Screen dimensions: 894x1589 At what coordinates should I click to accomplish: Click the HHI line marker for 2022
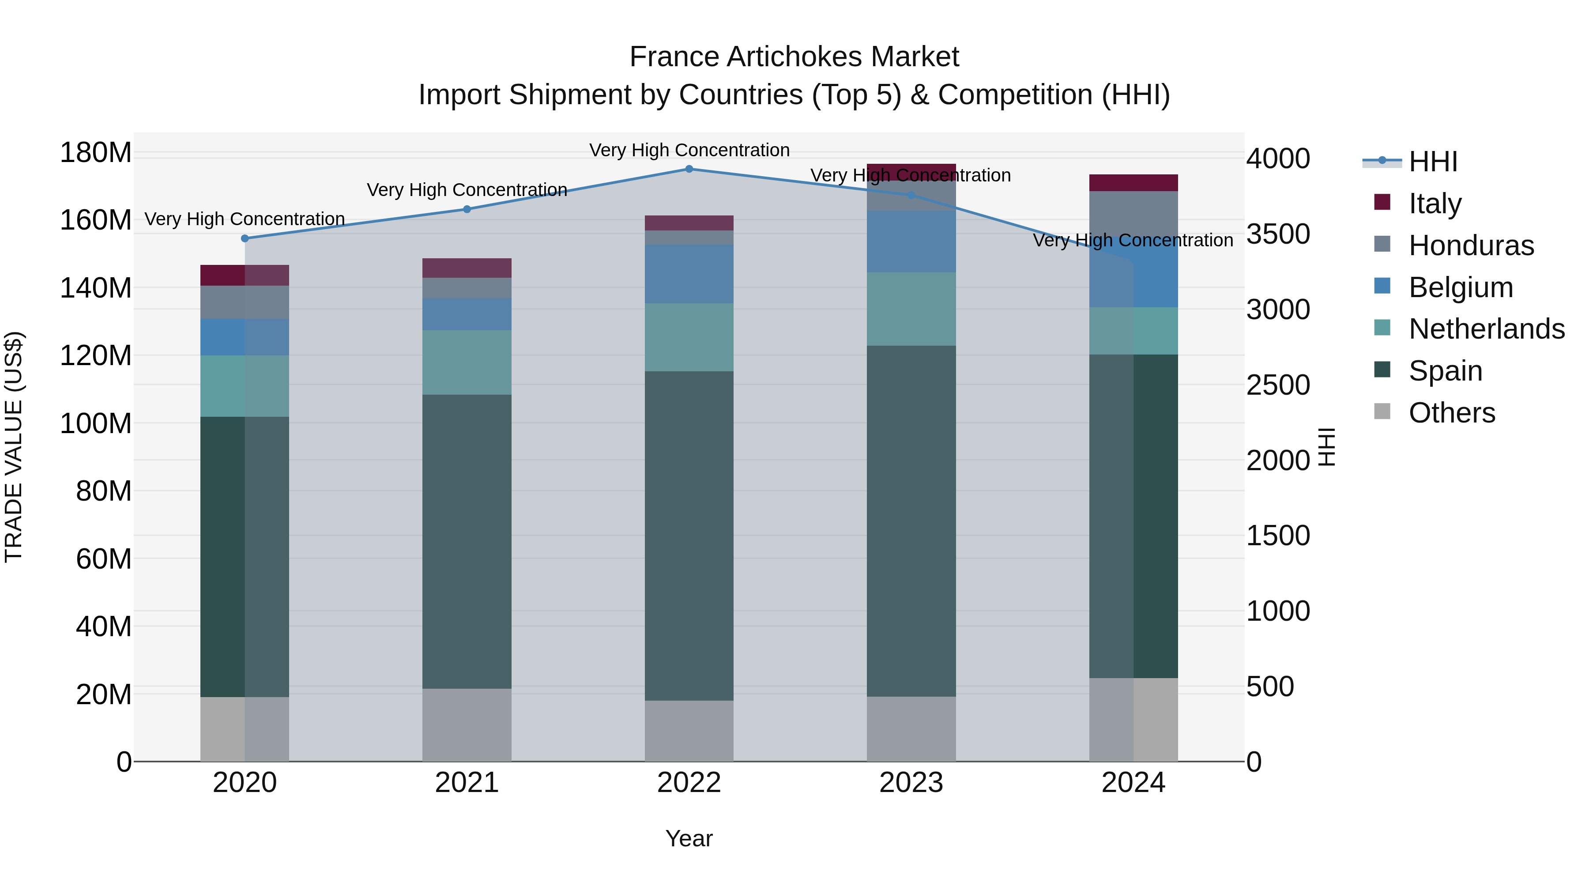(689, 169)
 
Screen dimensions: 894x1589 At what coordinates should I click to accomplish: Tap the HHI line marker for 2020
(245, 238)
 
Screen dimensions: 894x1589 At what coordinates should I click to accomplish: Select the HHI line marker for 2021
(467, 209)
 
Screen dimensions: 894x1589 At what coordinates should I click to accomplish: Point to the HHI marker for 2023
(911, 195)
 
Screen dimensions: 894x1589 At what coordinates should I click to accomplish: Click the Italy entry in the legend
(1434, 203)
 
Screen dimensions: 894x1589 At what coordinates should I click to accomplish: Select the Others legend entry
(1451, 412)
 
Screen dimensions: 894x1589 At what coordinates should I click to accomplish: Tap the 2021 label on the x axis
(467, 783)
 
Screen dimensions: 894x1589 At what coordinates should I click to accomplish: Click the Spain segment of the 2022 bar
(689, 535)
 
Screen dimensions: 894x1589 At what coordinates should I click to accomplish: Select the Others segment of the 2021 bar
(467, 724)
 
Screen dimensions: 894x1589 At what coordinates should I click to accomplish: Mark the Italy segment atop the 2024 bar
(1133, 183)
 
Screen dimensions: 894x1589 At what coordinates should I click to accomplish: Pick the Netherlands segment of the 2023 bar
(911, 309)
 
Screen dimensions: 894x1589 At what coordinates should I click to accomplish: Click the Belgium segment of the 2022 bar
(689, 273)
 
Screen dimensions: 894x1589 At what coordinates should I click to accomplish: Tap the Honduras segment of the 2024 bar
(1133, 213)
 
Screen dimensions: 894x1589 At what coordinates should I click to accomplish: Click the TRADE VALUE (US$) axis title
(14, 447)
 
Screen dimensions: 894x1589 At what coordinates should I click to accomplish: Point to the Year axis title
(689, 838)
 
